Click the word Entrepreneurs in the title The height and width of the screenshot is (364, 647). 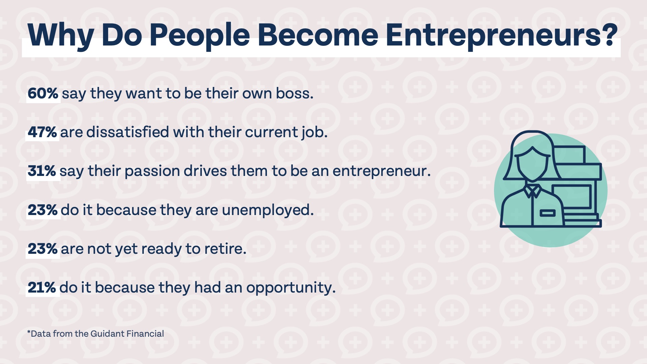click(x=501, y=35)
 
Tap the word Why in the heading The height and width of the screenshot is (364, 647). click(x=61, y=36)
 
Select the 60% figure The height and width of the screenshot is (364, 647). click(x=43, y=93)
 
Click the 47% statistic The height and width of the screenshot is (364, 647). click(x=42, y=132)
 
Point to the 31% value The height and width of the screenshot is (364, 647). click(x=42, y=171)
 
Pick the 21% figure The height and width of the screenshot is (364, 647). click(x=42, y=287)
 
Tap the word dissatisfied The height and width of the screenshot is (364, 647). click(x=128, y=132)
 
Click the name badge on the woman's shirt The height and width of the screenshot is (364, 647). click(x=547, y=213)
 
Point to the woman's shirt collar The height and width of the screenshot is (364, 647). click(x=532, y=191)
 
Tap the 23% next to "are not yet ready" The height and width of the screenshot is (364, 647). click(x=42, y=249)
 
